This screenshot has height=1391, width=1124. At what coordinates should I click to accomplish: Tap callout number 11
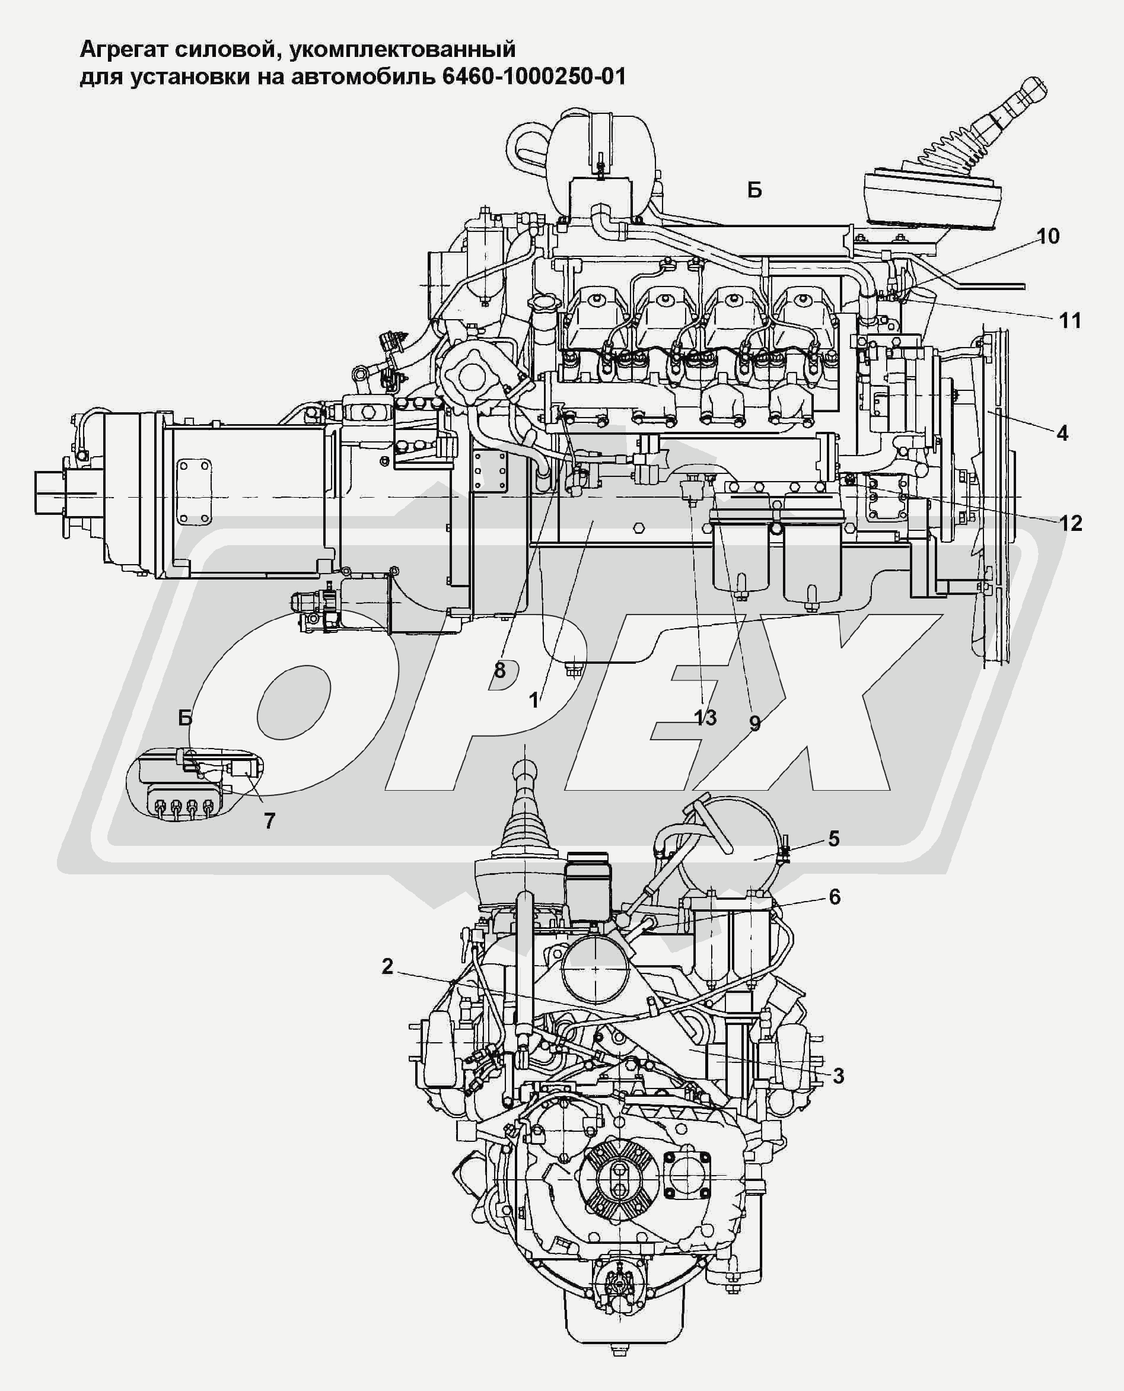(x=1069, y=320)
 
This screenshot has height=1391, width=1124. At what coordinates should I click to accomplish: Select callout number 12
(x=1070, y=523)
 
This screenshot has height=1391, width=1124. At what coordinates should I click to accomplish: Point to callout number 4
(x=1062, y=433)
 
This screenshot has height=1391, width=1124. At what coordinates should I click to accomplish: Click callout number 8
(x=500, y=670)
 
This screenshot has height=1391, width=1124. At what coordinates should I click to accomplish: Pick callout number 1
(x=533, y=700)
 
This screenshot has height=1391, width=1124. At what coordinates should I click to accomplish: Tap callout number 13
(x=706, y=718)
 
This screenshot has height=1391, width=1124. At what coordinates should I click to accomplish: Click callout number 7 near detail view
(x=269, y=821)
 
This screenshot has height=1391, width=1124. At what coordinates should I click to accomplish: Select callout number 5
(x=834, y=839)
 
